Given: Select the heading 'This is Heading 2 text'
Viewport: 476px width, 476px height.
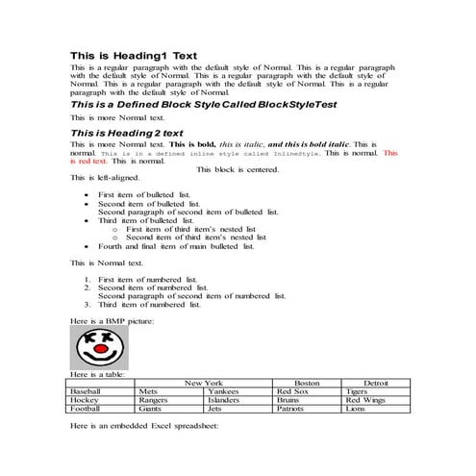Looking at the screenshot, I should (x=127, y=132).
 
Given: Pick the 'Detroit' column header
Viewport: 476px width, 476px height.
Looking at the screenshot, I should (x=375, y=383).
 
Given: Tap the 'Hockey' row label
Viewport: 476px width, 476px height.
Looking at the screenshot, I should (x=86, y=400).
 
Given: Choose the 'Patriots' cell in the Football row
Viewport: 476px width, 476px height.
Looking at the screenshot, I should (x=293, y=409).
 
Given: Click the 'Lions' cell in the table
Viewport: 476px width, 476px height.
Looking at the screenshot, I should (x=356, y=409).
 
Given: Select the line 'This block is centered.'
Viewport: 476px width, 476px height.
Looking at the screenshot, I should (x=238, y=169).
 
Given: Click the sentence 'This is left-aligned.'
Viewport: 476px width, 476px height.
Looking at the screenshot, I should (x=105, y=178).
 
